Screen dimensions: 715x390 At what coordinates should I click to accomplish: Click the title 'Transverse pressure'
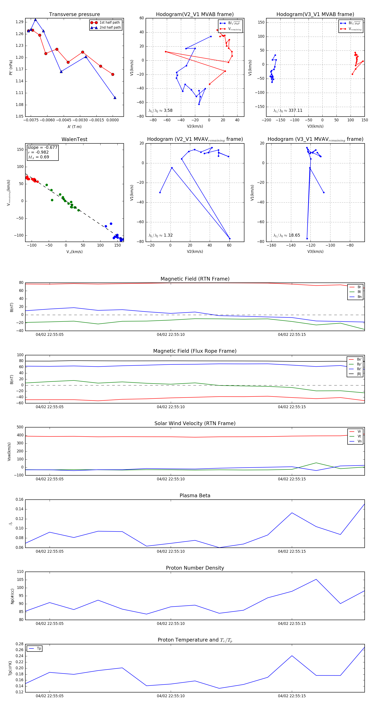[x=74, y=15]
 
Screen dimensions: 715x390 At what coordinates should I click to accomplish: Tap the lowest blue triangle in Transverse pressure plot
[x=115, y=98]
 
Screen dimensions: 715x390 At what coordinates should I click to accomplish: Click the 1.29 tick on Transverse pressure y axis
[x=19, y=22]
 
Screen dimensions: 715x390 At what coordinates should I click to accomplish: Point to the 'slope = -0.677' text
[x=42, y=147]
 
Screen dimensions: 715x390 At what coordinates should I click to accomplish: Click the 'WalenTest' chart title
[x=74, y=139]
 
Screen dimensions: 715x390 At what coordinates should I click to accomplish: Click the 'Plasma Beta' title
[x=195, y=496]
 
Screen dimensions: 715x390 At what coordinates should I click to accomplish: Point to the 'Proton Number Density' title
[x=195, y=568]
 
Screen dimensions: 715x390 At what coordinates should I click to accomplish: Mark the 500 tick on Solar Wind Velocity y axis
[x=20, y=427]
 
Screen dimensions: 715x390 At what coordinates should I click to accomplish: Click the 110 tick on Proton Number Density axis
[x=20, y=572]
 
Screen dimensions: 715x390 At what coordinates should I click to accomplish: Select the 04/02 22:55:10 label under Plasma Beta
[x=171, y=551]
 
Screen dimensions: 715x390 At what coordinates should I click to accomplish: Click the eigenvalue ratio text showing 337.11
[x=288, y=110]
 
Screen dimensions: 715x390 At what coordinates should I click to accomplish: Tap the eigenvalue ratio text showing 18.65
[x=287, y=235]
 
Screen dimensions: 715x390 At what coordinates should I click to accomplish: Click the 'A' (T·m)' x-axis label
[x=74, y=127]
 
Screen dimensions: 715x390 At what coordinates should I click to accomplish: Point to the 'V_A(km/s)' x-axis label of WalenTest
[x=74, y=252]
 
